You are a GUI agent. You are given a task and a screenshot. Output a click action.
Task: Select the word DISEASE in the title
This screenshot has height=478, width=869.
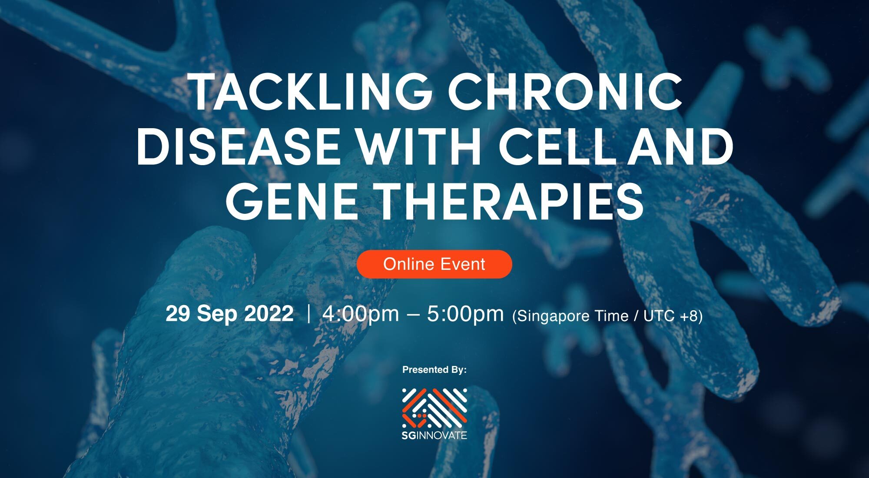[238, 146]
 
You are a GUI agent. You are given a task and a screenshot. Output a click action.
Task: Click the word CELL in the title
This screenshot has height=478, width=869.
[557, 146]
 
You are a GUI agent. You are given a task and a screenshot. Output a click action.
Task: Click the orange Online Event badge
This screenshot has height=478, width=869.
[434, 264]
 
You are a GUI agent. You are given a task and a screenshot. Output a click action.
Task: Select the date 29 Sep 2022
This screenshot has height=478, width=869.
[229, 314]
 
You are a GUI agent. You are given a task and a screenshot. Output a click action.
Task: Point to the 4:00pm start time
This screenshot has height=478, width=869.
[361, 314]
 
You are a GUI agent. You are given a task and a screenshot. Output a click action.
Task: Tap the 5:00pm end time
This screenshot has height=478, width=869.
[465, 314]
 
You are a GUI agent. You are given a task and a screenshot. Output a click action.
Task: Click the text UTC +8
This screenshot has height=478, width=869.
[670, 316]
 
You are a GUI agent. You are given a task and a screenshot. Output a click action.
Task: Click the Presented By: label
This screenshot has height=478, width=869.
[434, 370]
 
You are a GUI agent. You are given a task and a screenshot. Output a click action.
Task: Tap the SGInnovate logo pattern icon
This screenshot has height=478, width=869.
[434, 407]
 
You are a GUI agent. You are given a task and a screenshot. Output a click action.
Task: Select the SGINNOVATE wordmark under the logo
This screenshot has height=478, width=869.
[434, 435]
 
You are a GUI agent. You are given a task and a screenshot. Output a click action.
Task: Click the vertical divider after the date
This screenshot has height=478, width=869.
[308, 314]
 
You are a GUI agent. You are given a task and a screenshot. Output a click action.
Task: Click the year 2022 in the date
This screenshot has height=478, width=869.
[269, 314]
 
